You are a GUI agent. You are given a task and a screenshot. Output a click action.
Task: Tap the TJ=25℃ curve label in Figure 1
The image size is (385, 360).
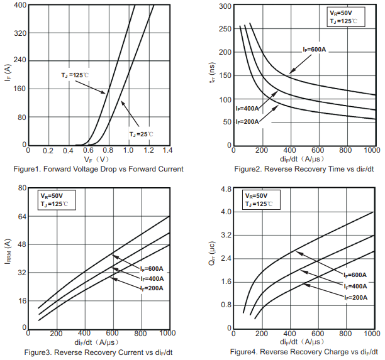click(x=141, y=134)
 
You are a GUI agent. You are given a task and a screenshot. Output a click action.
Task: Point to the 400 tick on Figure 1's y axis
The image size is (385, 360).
click(x=19, y=5)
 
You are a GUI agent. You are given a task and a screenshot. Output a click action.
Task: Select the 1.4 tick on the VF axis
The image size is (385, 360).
click(x=167, y=151)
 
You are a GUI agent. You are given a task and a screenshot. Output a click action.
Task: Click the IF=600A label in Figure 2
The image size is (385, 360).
click(x=314, y=50)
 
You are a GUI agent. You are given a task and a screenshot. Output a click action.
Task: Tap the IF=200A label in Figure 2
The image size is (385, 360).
click(x=247, y=121)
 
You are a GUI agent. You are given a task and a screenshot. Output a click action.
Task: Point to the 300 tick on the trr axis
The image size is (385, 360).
click(x=223, y=6)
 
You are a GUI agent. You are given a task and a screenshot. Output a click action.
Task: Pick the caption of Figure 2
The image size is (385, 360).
click(x=304, y=169)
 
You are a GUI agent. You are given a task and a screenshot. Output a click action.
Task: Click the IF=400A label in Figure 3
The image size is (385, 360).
click(x=151, y=278)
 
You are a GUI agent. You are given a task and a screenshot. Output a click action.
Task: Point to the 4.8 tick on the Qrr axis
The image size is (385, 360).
click(x=225, y=188)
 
